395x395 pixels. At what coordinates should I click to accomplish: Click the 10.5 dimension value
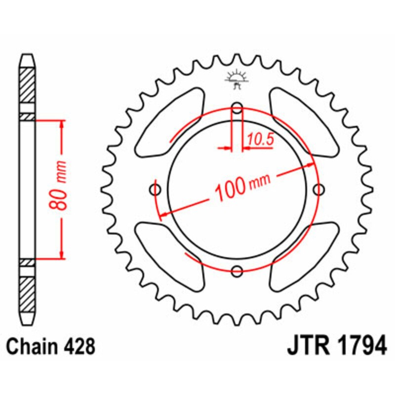[x=260, y=140]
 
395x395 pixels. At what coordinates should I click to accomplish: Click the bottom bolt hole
[x=237, y=270]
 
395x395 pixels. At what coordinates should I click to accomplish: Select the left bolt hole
[x=157, y=189]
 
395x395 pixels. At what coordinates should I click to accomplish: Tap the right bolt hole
[x=318, y=189]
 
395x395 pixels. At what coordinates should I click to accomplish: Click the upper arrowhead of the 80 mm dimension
[x=61, y=124]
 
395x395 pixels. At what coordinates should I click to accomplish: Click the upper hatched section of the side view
[x=28, y=87]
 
